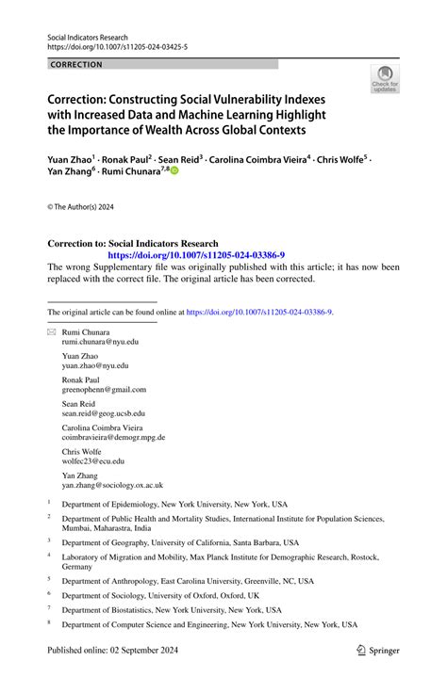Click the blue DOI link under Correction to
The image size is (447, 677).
196,255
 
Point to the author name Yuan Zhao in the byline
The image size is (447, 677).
71,160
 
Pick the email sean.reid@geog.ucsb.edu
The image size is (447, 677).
104,412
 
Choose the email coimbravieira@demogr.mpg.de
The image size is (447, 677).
113,437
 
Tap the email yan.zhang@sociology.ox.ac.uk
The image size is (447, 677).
112,485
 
